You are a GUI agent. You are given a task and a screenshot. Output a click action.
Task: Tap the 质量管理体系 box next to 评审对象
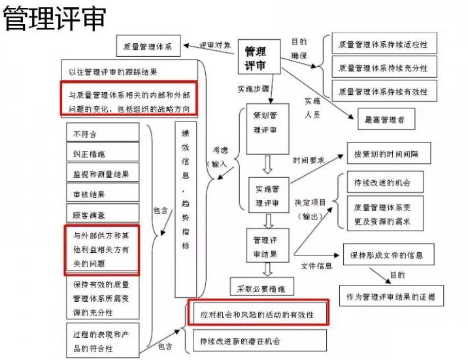147,47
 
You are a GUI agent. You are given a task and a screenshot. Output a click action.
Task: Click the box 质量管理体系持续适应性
383,45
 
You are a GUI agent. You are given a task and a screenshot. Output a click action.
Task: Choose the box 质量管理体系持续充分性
383,68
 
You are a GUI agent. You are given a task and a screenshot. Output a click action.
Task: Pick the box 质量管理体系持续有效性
383,91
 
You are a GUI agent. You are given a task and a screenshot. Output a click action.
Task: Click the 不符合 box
103,133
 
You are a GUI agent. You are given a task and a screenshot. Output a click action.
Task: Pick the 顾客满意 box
103,214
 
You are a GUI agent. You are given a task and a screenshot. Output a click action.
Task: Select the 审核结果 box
103,193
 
